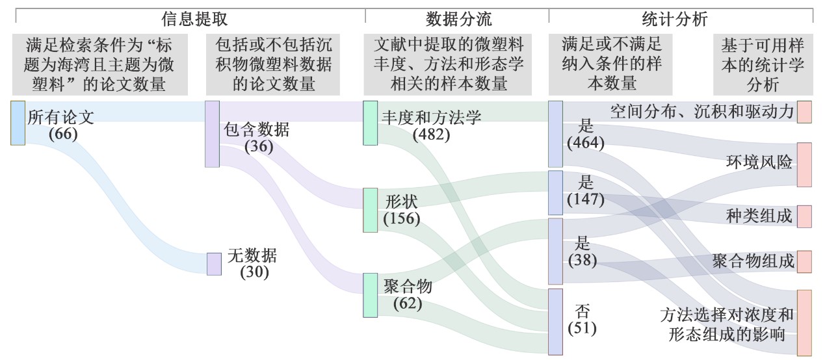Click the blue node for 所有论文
point(18,123)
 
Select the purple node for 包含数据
point(212,134)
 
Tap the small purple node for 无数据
point(214,264)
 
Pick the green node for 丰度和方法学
point(370,123)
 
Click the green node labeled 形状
point(370,210)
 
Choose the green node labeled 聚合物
point(370,295)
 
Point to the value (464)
point(585,143)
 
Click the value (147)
point(585,199)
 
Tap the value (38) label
point(583,260)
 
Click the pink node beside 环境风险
point(804,164)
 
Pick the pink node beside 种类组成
point(804,216)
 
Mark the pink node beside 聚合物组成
point(804,261)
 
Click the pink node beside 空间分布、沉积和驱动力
point(804,112)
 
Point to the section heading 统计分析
point(678,19)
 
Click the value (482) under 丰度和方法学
point(431,135)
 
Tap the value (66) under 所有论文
point(63,134)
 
